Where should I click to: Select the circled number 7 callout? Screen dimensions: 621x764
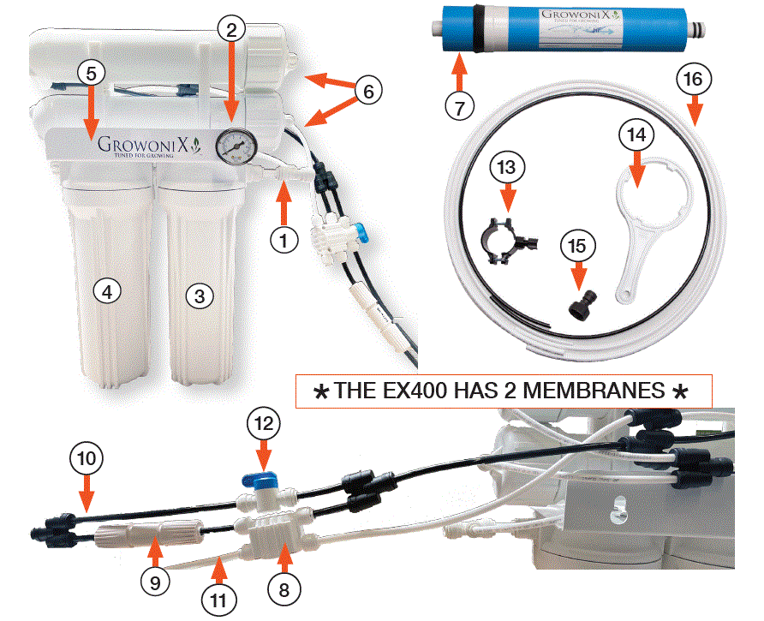click(x=459, y=108)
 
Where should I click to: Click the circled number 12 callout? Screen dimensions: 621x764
click(x=263, y=423)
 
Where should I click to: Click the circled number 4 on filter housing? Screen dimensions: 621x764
click(x=107, y=292)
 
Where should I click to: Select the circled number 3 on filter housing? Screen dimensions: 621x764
click(x=200, y=296)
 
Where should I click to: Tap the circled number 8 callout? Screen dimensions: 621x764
click(x=285, y=588)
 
